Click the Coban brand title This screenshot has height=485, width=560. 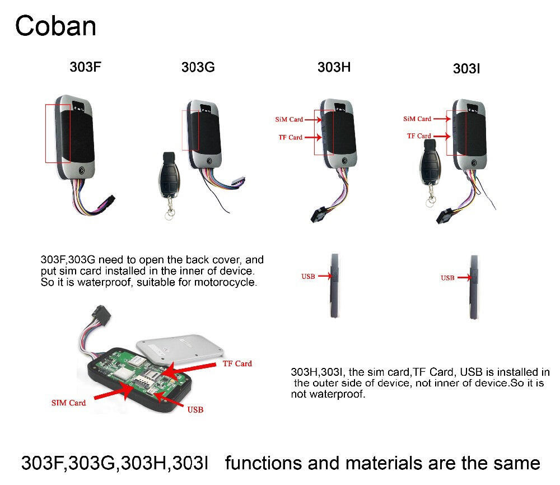click(55, 26)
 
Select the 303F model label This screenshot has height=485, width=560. click(85, 67)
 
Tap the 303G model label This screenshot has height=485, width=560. click(198, 67)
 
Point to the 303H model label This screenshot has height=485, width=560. click(334, 67)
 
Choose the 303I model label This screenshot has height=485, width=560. click(466, 68)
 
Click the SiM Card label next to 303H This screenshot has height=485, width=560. click(289, 119)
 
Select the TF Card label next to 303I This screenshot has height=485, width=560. click(418, 136)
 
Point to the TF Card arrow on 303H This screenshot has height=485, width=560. click(313, 137)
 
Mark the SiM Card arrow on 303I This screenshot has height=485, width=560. click(442, 119)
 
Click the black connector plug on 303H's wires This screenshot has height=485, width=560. click(319, 214)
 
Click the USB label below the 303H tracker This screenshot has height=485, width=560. click(308, 277)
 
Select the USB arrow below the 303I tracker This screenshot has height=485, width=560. click(465, 277)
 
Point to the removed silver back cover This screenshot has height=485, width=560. click(180, 348)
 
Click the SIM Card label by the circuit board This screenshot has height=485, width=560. click(68, 403)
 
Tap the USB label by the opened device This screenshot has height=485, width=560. click(195, 409)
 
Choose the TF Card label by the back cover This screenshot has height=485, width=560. click(237, 363)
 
